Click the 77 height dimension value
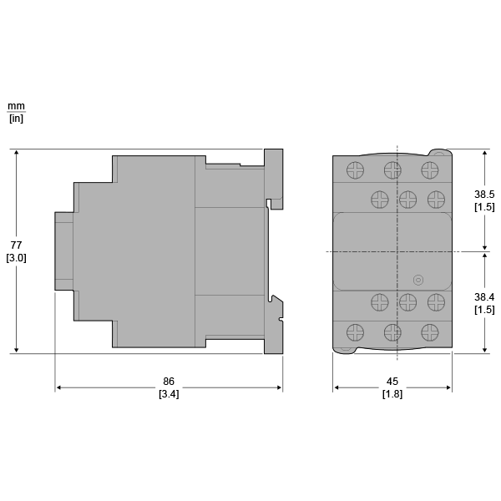tap(16, 245)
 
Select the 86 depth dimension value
tap(169, 382)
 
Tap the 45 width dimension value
tap(392, 382)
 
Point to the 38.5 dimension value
tap(484, 195)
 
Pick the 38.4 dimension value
tap(484, 297)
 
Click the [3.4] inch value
tap(169, 394)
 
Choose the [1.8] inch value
tap(392, 394)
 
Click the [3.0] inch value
tap(16, 258)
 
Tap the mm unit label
tap(16, 106)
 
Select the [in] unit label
tap(16, 119)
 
